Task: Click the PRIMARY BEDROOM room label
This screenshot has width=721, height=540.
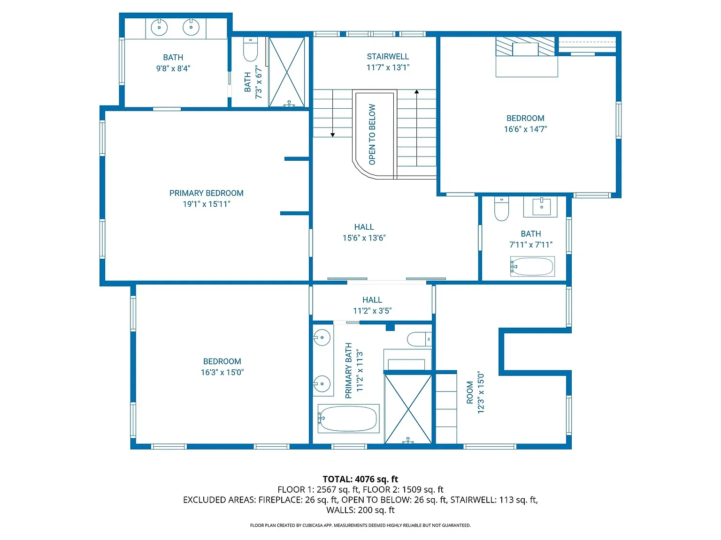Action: tap(206, 193)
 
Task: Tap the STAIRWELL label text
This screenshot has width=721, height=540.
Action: tap(388, 57)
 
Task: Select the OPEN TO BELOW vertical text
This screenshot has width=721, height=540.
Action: tap(372, 135)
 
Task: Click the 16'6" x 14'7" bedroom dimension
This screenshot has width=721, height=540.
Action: tap(525, 129)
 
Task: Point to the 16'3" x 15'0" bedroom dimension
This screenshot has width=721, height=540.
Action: tap(222, 373)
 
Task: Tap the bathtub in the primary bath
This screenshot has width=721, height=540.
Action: tap(348, 419)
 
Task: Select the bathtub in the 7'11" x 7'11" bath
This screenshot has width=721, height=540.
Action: tap(532, 267)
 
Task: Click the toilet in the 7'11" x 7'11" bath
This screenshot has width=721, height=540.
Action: tap(501, 209)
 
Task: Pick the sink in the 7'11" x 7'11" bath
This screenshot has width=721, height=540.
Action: tap(541, 206)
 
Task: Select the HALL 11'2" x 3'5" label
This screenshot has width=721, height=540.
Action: tap(372, 305)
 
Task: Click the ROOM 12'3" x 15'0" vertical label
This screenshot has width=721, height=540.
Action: tap(475, 392)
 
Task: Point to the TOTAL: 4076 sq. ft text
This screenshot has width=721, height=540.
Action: tap(360, 479)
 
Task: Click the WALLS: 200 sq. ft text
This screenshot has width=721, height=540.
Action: tap(360, 510)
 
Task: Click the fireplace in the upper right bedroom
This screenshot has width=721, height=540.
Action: tap(526, 47)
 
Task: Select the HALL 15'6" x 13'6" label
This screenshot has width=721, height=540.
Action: tap(364, 232)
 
